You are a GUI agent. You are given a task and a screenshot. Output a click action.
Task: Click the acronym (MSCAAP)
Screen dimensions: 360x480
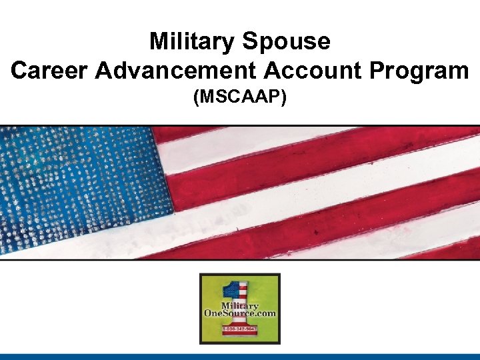point(240,98)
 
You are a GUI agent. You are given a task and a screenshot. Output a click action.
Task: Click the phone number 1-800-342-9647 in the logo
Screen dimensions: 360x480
point(240,329)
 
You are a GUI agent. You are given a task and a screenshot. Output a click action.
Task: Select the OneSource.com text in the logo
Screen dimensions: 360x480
point(240,313)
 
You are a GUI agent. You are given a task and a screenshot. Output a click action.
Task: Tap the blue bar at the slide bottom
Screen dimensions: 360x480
point(240,357)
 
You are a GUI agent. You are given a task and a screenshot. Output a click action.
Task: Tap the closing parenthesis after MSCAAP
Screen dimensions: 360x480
point(284,98)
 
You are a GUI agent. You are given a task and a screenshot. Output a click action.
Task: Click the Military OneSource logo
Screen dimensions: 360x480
point(240,308)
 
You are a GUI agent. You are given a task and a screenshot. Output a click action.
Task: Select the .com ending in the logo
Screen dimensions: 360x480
point(265,313)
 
